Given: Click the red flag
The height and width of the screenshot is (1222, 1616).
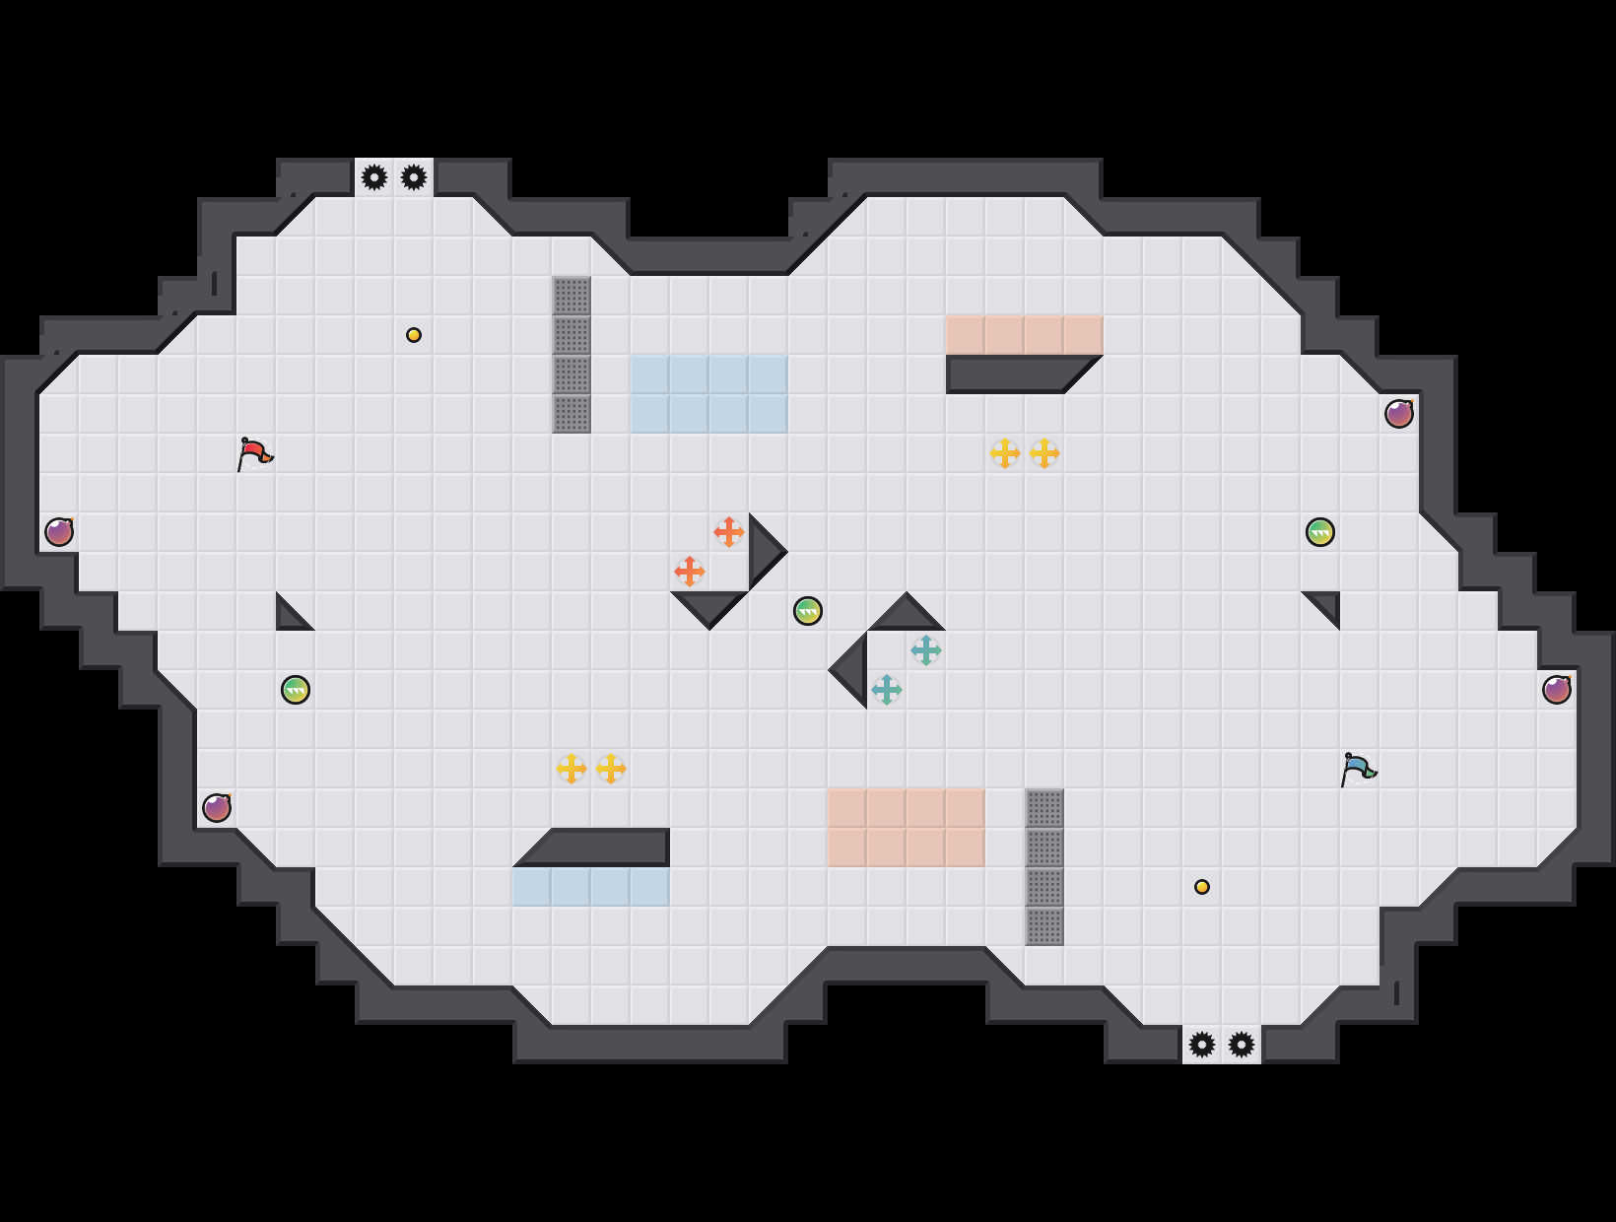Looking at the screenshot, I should coord(254,453).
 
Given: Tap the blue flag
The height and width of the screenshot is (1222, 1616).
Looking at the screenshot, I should coord(1357,769).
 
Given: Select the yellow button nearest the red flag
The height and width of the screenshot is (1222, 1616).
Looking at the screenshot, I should coord(414,335).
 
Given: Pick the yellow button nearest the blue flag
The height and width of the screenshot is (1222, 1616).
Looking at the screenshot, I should coord(1202,887).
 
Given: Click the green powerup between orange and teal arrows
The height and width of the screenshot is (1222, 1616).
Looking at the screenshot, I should coord(808,611).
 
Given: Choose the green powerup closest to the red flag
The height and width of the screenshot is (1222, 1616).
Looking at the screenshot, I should coord(296,690).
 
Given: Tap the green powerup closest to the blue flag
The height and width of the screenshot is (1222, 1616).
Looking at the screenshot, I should coord(1320,532).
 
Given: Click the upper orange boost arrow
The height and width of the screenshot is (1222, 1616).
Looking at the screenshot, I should coord(729,532).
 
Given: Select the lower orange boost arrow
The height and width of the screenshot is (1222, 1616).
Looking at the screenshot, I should coord(690,572).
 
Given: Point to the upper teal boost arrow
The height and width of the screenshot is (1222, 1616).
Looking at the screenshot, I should coord(926,650).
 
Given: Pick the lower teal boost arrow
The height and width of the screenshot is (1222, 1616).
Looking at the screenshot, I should coord(887,690).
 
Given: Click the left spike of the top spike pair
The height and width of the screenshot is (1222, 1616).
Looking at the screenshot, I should coord(374,177).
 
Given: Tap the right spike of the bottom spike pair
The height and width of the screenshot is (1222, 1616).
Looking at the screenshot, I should coord(1242,1045).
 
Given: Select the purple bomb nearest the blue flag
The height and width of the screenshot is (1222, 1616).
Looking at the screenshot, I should coord(1557,690).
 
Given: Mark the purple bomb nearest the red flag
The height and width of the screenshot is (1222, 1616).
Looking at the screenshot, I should coord(59,532).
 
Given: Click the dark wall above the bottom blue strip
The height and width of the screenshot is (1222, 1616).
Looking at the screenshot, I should coord(601,848).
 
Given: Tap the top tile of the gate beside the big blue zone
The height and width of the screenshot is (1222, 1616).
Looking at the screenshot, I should coord(572,296).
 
